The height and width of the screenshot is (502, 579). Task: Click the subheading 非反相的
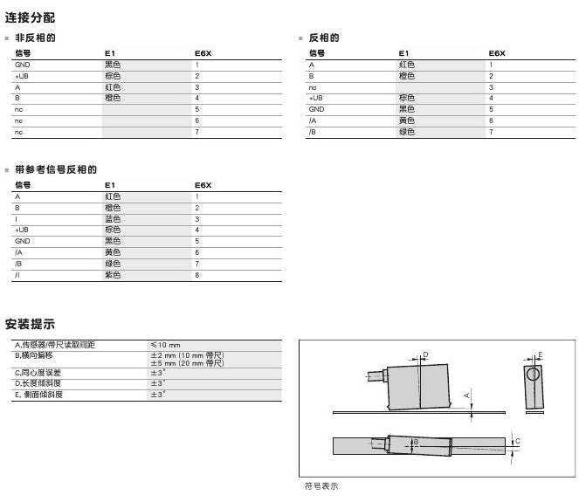tap(36, 38)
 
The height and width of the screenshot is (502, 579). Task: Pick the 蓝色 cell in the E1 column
tap(113, 218)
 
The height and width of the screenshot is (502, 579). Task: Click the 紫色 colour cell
tap(113, 275)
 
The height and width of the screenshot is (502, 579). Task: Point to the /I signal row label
tap(17, 275)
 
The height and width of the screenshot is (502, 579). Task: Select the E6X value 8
tap(198, 275)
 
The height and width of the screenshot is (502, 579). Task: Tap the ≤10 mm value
tap(165, 345)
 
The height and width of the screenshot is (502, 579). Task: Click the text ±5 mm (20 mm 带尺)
tap(188, 362)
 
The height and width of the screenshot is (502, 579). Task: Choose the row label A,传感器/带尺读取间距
tap(54, 345)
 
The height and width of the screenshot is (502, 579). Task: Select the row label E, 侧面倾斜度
tap(40, 394)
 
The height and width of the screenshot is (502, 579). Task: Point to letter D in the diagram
tap(425, 354)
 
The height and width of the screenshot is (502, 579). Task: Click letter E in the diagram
tap(540, 354)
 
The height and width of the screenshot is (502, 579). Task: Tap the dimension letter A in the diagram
tap(467, 395)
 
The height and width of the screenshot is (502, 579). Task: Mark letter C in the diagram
tap(517, 441)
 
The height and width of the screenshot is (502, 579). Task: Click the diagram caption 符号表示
tap(321, 486)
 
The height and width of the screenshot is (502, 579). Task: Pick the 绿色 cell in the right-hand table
tap(407, 132)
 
